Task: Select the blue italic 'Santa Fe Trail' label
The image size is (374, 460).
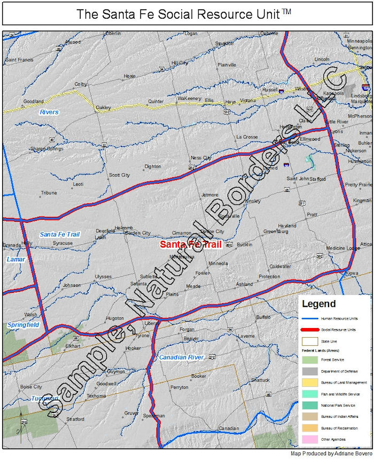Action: (x=59, y=234)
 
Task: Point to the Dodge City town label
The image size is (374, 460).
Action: (x=212, y=231)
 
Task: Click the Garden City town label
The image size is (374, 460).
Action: (x=138, y=233)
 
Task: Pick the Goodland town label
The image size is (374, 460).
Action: (x=33, y=101)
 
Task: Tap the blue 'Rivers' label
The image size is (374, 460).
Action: (x=49, y=112)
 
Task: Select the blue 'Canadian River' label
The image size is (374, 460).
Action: (x=181, y=356)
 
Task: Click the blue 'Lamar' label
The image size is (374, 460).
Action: (x=15, y=259)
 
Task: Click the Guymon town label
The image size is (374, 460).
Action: (x=116, y=371)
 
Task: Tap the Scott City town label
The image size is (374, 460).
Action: (x=119, y=175)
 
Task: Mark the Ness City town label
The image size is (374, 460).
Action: (x=201, y=158)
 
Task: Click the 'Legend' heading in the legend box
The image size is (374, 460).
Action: (x=319, y=304)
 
